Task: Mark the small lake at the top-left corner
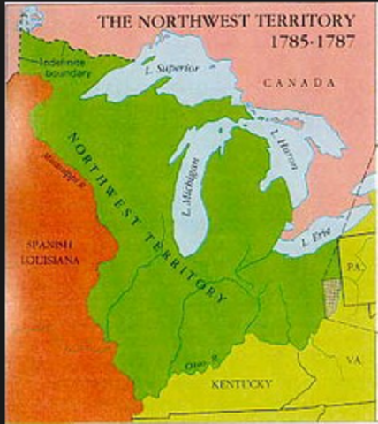tap(31, 15)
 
